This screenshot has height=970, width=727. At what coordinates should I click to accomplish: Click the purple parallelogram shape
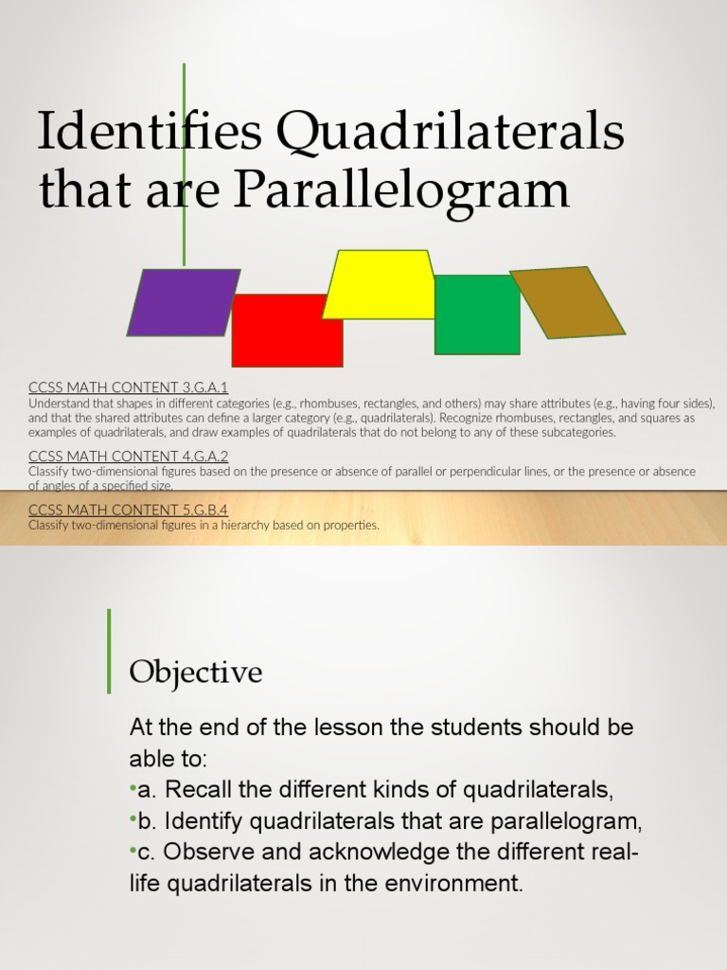(184, 302)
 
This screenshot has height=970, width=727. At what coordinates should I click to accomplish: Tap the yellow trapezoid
(379, 284)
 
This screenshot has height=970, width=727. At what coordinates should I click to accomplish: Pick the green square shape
(477, 314)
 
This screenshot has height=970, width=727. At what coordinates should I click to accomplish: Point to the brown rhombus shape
(568, 302)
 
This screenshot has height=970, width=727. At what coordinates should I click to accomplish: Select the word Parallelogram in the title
(401, 190)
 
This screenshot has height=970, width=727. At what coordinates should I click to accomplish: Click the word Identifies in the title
(150, 133)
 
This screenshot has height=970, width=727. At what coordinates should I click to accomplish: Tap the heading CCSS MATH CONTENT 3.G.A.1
(129, 387)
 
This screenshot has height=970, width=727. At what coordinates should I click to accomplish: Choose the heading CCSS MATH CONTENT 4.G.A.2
(129, 456)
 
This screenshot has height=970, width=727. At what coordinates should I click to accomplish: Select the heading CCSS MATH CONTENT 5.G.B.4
(129, 510)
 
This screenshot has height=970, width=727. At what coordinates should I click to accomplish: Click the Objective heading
(196, 673)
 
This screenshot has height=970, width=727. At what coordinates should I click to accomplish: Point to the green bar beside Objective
(109, 651)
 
